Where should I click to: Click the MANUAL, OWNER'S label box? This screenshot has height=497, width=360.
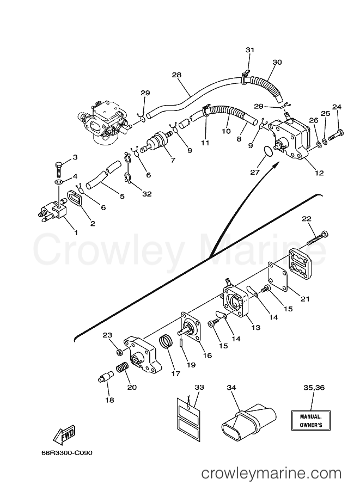point(311,420)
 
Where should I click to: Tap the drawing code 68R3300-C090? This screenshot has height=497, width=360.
point(66,453)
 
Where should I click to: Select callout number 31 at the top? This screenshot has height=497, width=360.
point(250,50)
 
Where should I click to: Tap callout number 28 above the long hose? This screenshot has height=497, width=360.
point(176,75)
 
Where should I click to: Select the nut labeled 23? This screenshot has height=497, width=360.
point(120,352)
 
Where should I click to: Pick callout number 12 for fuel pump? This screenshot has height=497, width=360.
point(319,173)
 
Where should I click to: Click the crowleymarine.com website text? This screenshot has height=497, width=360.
point(272,474)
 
